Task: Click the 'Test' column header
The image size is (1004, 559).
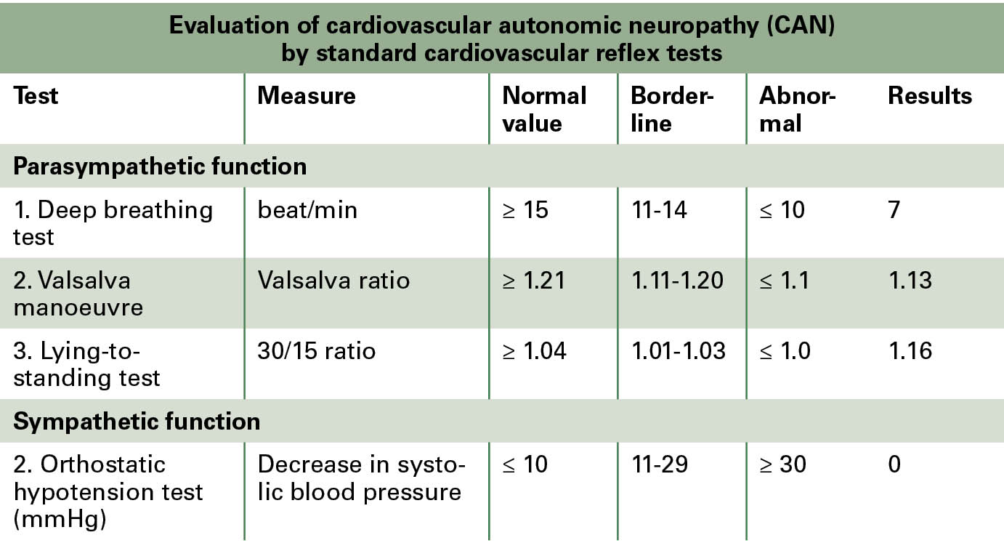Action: point(36,96)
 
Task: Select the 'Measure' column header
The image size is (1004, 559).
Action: point(306,96)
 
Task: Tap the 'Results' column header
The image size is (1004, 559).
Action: point(929,96)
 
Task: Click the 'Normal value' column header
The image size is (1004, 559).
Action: point(544,109)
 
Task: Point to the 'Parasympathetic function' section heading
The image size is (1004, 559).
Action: point(160,166)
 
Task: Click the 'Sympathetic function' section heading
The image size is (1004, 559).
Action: point(137,422)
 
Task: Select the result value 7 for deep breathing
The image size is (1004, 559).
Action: point(894,210)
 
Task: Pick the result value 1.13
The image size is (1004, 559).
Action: point(910,281)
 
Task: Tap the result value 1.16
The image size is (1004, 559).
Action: point(910,351)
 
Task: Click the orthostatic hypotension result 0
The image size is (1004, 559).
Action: point(894,465)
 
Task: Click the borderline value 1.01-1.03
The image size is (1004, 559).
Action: point(678,351)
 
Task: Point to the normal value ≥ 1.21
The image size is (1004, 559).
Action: point(533,281)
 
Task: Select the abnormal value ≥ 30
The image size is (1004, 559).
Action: point(782,465)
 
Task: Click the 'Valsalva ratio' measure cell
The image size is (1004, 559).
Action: point(333,281)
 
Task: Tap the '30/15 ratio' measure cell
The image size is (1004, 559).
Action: point(316,351)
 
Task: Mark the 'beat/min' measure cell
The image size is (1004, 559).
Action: point(307,210)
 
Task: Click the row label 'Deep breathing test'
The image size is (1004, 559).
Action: point(113,223)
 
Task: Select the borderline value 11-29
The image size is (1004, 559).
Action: point(659,465)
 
